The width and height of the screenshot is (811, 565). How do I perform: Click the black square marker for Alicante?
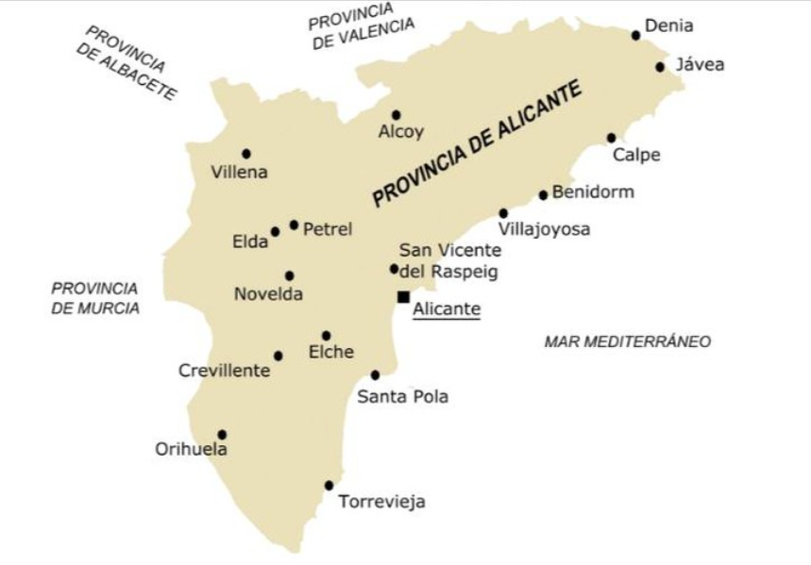(403, 297)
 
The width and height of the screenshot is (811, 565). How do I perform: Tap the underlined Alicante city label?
(447, 309)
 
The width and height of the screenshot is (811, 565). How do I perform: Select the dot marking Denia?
(635, 35)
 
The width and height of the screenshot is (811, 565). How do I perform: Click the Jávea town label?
(700, 65)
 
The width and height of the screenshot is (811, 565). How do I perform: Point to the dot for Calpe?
(611, 138)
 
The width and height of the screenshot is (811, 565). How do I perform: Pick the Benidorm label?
(593, 192)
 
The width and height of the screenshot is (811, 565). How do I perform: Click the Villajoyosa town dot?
(503, 213)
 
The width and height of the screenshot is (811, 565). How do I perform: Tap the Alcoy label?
(401, 132)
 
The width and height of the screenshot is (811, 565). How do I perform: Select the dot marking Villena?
(245, 154)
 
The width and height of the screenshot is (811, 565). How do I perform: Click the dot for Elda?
(275, 231)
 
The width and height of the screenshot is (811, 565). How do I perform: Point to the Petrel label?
(328, 229)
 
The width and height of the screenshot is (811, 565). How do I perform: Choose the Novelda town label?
(268, 294)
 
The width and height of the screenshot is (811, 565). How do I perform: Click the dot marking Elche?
(326, 336)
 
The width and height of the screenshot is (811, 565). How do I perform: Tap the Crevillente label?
(224, 371)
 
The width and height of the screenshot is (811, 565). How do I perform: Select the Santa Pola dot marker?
(375, 375)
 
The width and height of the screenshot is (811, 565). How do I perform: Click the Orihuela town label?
(191, 450)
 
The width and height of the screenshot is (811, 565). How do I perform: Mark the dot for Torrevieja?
(329, 486)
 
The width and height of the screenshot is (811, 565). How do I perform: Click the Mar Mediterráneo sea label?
(627, 341)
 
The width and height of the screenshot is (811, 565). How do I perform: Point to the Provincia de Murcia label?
(94, 298)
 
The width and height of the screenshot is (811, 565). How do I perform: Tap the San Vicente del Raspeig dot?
(394, 269)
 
